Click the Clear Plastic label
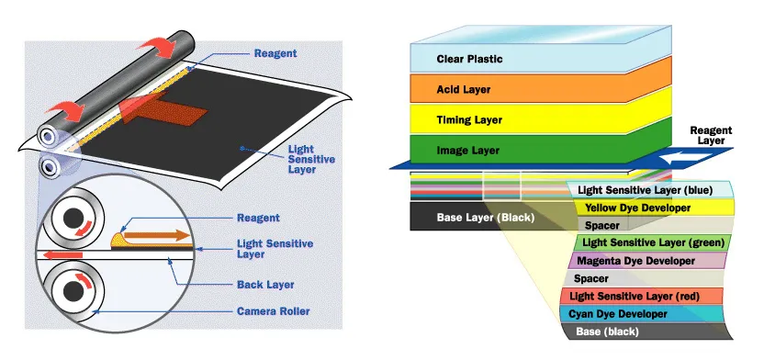coord(469,60)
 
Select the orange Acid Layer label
coord(464,90)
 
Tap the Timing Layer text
coord(469,119)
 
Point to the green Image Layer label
coord(467,150)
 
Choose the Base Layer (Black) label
coord(485,218)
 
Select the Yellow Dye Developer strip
coord(653,208)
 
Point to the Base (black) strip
coord(648,332)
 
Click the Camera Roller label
coord(274,310)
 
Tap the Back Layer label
coord(265,285)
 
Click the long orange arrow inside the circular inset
coord(157,236)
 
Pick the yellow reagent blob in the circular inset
coord(117,239)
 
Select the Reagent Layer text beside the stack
coord(711,135)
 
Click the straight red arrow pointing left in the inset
coord(62,254)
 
